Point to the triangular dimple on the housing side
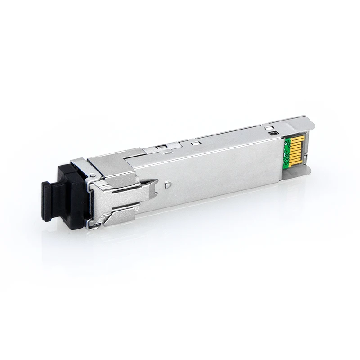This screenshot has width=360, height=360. (167, 184)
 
